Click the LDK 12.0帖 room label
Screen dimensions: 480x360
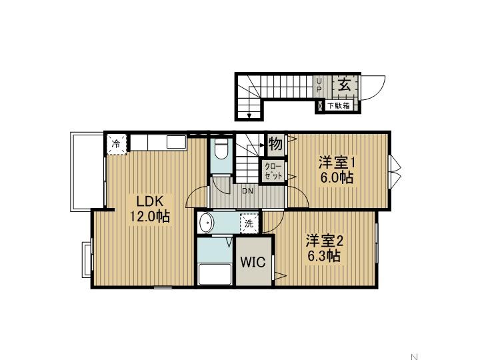(x=150, y=209)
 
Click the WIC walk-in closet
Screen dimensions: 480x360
(x=253, y=262)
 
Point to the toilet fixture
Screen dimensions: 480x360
(x=221, y=149)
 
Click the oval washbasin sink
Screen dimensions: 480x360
(x=206, y=223)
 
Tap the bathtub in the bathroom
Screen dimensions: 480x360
(x=215, y=274)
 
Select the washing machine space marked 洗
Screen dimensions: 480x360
(x=249, y=223)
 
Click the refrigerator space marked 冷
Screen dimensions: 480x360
(x=116, y=143)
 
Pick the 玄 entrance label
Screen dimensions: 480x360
(x=345, y=84)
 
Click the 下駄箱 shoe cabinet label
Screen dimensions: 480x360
(x=339, y=106)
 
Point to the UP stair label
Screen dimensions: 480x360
(x=319, y=85)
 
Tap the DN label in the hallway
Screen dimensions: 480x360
(x=247, y=191)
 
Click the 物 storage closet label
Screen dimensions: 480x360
(x=275, y=143)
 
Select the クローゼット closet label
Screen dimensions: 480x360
(x=273, y=171)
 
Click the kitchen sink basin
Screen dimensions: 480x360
(x=176, y=142)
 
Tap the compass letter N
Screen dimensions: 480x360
(x=414, y=357)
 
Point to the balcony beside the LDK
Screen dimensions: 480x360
(x=87, y=172)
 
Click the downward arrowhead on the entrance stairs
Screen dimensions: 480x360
(x=249, y=116)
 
